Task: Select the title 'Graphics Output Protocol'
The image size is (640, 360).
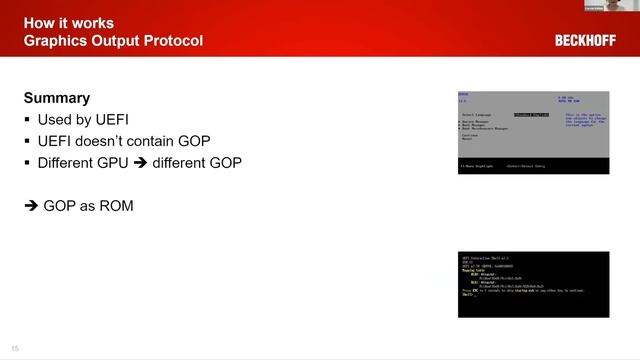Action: (113, 41)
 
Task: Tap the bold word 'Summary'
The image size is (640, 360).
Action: (57, 98)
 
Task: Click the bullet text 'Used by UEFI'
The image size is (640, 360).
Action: (77, 120)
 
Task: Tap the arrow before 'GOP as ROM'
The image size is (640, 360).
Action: (31, 206)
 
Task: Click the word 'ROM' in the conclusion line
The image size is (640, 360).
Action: (115, 206)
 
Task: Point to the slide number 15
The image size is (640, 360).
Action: (15, 348)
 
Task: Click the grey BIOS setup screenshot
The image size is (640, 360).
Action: (533, 130)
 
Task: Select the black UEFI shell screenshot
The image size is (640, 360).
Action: (533, 284)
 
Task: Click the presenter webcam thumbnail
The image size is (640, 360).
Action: (611, 6)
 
